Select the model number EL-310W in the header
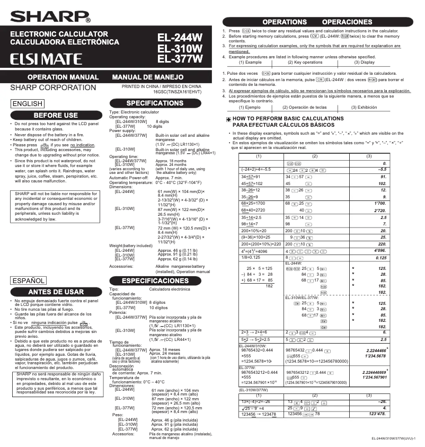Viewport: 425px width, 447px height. (180, 48)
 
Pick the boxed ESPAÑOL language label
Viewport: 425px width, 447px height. (29, 281)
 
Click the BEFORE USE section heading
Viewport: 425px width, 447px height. (56, 115)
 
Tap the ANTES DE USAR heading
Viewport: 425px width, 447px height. (56, 292)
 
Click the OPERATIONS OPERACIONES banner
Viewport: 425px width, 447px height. (318, 22)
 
